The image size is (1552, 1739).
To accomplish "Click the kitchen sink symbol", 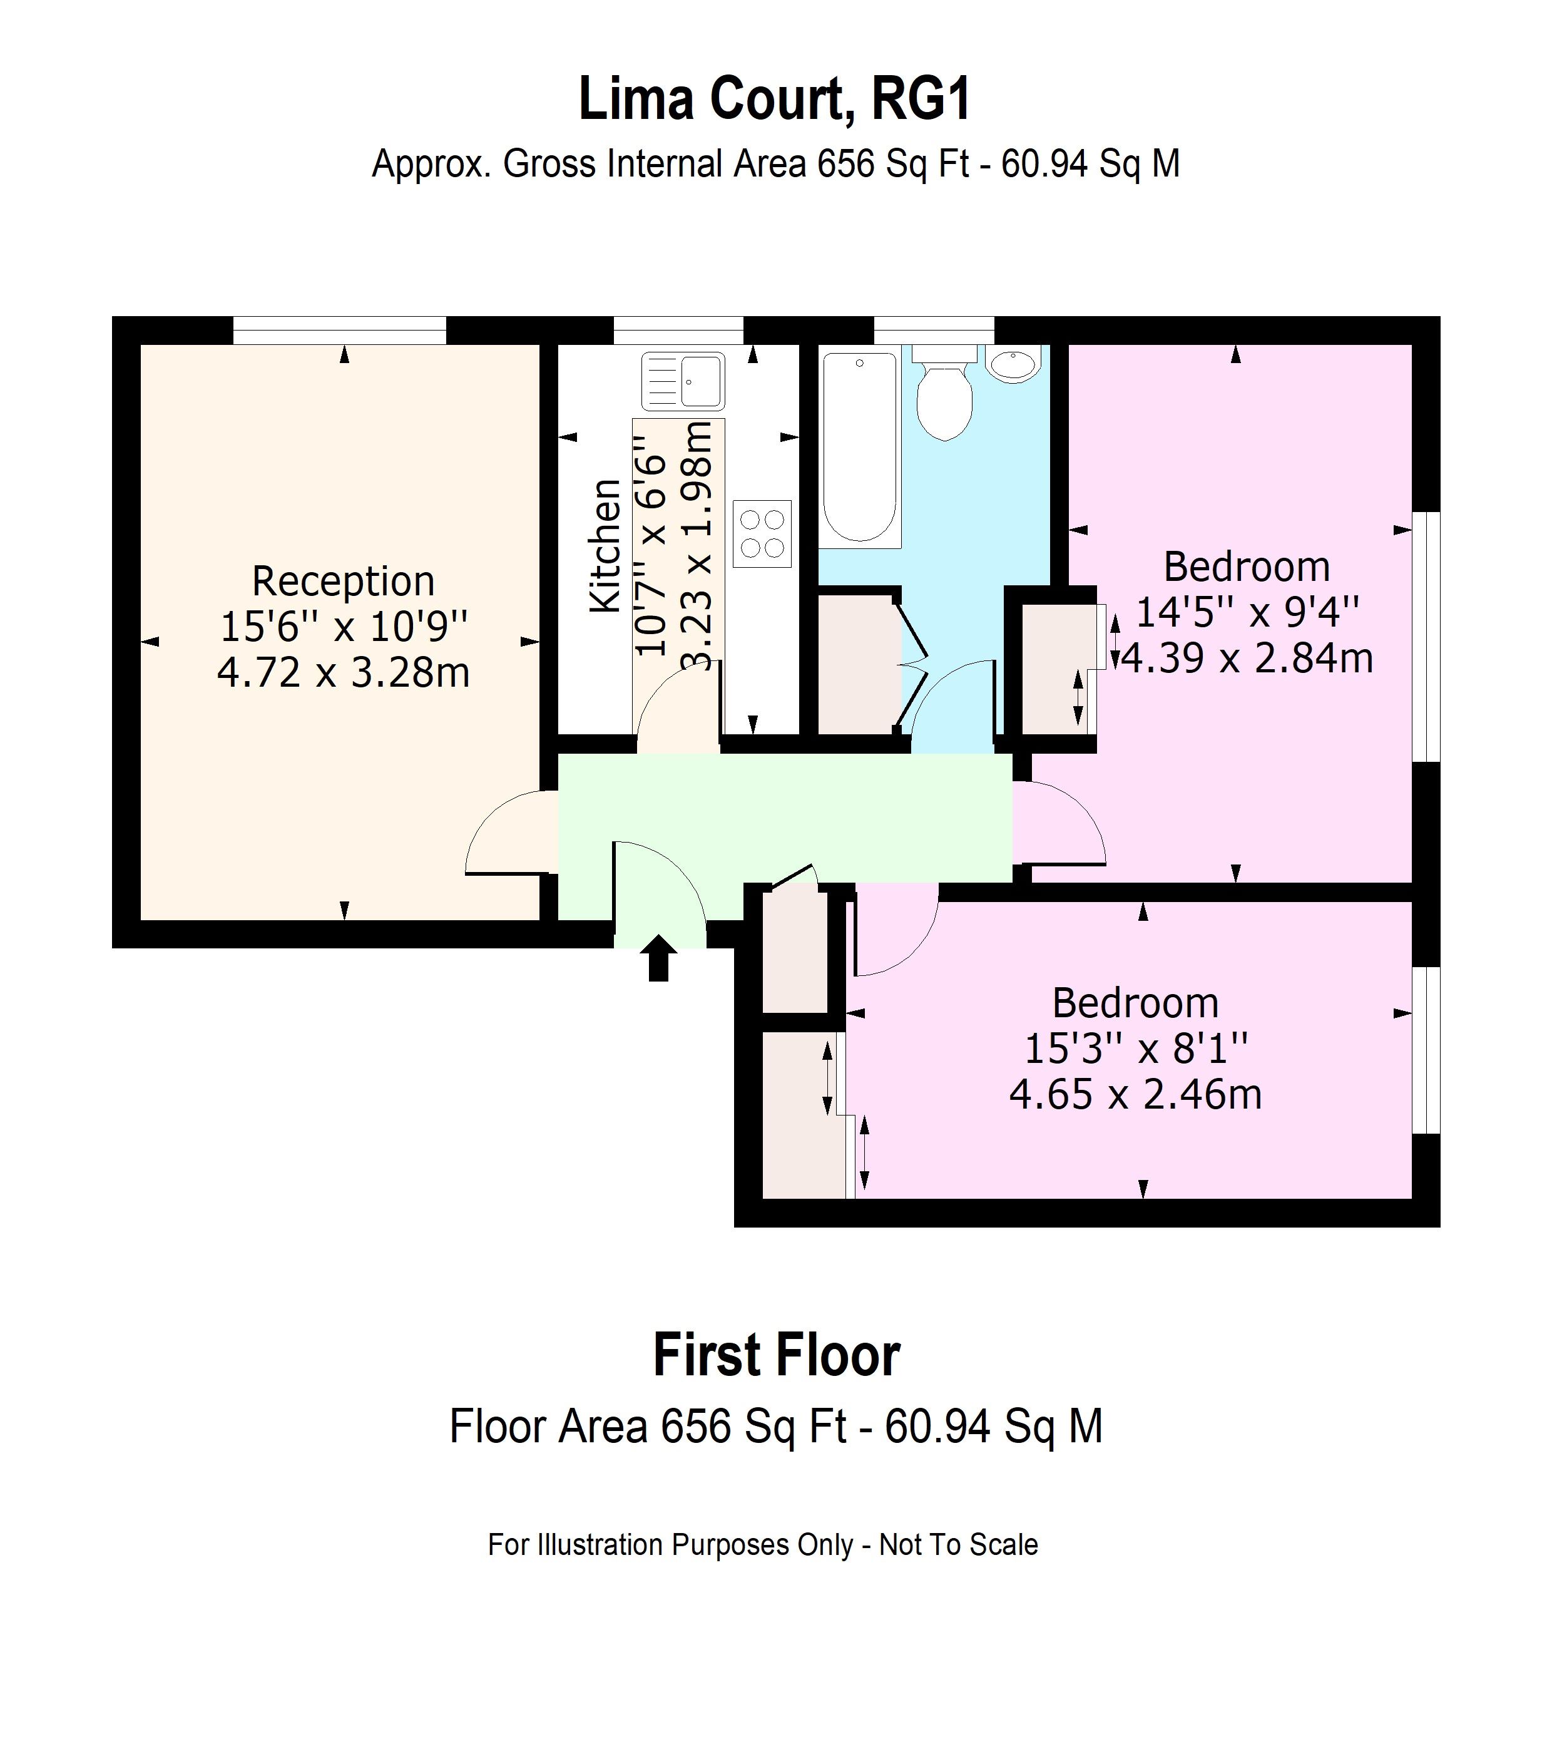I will pos(683,381).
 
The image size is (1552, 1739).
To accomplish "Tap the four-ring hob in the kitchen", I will pos(762,533).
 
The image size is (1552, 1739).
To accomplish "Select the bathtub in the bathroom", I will pos(860,448).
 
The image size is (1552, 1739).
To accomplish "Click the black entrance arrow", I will pos(658,958).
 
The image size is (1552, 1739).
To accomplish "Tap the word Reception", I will pos(343,582).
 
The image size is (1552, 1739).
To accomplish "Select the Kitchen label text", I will pos(605,546).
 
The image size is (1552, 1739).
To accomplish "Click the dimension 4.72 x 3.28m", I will pos(343,673).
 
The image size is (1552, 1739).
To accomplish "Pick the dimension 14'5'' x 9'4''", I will pos(1247,612).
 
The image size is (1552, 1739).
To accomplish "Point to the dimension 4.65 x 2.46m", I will pos(1136,1094).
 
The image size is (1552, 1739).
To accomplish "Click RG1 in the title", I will pos(921,100).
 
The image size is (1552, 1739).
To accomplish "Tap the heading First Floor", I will pos(776,1356).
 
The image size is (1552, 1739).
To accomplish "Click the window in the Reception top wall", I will pos(339,330).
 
